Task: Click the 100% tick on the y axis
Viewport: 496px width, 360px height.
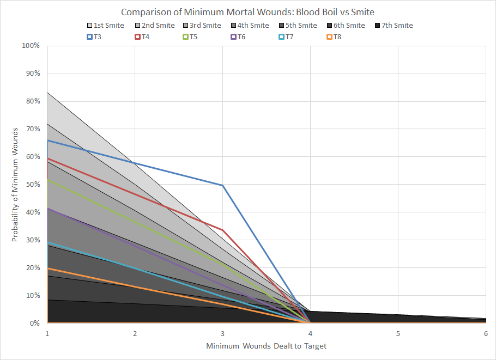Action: [31, 46]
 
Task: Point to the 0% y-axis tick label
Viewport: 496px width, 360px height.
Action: [34, 324]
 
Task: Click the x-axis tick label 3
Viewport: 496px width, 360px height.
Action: [222, 333]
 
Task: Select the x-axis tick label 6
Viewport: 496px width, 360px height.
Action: [485, 333]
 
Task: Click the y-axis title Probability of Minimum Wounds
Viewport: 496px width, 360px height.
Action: [16, 185]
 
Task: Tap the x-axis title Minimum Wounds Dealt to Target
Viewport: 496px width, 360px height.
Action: [266, 346]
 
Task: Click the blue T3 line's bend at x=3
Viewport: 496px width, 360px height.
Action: [222, 185]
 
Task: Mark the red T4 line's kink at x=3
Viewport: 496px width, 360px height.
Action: [222, 230]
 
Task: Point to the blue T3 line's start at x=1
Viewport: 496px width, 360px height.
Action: [47, 141]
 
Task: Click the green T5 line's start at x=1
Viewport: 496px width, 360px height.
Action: [47, 179]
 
